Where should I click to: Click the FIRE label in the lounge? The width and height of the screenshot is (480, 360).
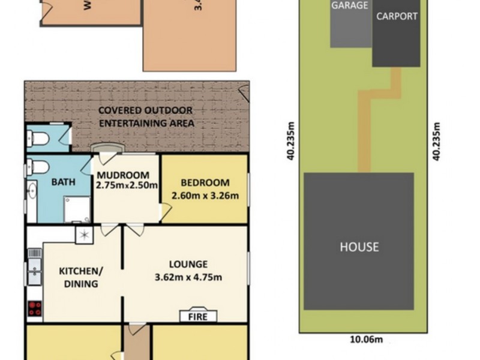tap(198, 316)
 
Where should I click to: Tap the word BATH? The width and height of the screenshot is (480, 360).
tap(62, 182)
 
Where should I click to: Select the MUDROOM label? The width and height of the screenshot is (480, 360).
tap(124, 176)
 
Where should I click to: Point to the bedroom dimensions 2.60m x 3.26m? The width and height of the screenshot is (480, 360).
tap(205, 195)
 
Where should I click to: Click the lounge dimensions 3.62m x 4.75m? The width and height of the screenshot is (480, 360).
tap(188, 277)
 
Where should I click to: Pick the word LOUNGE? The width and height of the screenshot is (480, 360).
tap(188, 264)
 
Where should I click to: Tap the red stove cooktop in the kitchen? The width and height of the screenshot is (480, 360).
tap(35, 308)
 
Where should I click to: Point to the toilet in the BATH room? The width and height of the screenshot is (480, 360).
tap(39, 166)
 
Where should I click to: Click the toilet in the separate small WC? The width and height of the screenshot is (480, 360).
tap(38, 139)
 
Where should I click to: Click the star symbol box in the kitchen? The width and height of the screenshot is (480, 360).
tap(83, 235)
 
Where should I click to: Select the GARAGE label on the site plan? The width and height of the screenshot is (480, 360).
tap(349, 5)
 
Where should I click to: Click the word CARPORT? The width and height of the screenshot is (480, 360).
tap(396, 16)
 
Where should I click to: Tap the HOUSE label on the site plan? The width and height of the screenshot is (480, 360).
tap(359, 247)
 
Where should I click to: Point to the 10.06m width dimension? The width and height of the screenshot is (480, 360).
tap(366, 339)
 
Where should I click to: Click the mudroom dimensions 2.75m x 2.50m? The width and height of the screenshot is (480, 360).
tap(126, 185)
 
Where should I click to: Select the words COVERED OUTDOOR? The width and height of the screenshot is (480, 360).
tap(146, 110)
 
